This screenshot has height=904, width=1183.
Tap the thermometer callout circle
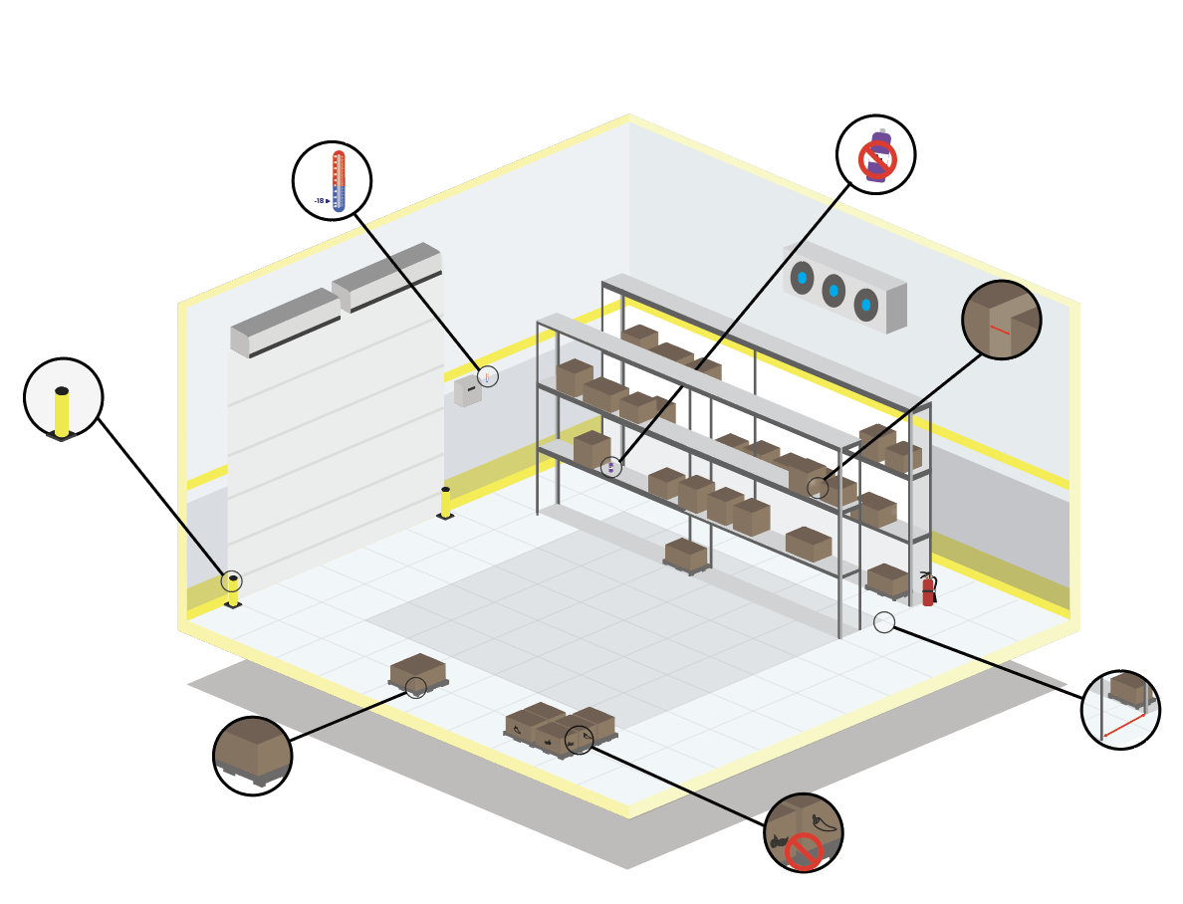[x=332, y=181]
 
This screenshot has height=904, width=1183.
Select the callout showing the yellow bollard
[x=63, y=398]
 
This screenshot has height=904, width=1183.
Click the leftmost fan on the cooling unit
[x=802, y=278]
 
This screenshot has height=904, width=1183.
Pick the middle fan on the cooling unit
[x=833, y=291]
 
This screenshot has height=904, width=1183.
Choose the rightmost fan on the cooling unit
[x=865, y=305]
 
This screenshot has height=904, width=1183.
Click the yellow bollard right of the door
[x=445, y=503]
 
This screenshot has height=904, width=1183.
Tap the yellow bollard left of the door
[x=233, y=591]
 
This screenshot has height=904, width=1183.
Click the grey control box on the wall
[x=466, y=390]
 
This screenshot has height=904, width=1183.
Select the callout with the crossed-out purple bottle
[x=875, y=155]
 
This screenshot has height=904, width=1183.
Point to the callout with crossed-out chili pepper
[x=803, y=832]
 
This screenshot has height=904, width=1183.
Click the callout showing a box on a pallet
[x=252, y=756]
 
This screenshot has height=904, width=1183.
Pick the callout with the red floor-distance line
[x=1120, y=709]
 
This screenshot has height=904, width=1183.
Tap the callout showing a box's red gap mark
[x=1001, y=320]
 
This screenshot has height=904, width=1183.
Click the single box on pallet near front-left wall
[x=418, y=672]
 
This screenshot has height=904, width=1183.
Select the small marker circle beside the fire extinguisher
[x=884, y=622]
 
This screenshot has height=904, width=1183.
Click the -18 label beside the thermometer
[x=320, y=201]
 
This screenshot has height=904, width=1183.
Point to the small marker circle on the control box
[x=487, y=376]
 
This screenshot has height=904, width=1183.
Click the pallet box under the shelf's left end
[x=685, y=554]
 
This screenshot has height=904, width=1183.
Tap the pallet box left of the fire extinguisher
[x=886, y=579]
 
